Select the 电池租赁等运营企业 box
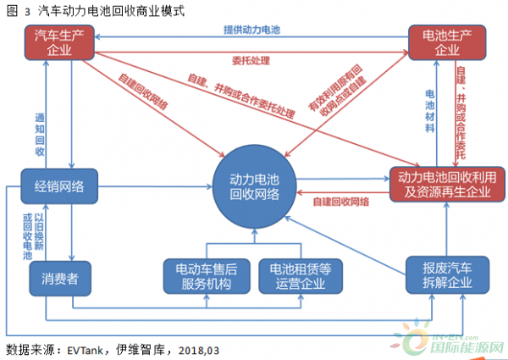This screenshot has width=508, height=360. [296, 276]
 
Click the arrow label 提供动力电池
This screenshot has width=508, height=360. [251, 29]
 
